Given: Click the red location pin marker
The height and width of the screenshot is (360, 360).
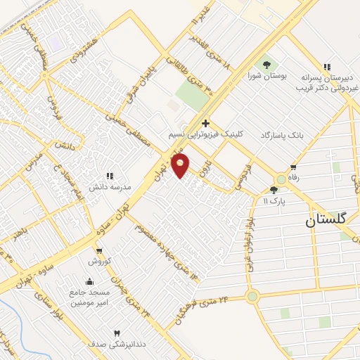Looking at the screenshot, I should pyautogui.click(x=181, y=166).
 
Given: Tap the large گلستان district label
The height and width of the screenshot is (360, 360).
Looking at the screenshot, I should pyautogui.click(x=327, y=219).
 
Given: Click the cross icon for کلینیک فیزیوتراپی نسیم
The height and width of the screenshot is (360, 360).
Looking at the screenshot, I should pyautogui.click(x=205, y=124).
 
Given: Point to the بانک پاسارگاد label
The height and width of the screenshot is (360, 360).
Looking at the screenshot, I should pyautogui.click(x=284, y=134).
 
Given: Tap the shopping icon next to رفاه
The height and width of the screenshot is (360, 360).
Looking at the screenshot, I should pyautogui.click(x=293, y=167).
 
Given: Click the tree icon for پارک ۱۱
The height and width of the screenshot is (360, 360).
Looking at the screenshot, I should pyautogui.click(x=274, y=190).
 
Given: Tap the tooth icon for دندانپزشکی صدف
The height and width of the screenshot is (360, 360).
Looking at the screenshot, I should pyautogui.click(x=117, y=333).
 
